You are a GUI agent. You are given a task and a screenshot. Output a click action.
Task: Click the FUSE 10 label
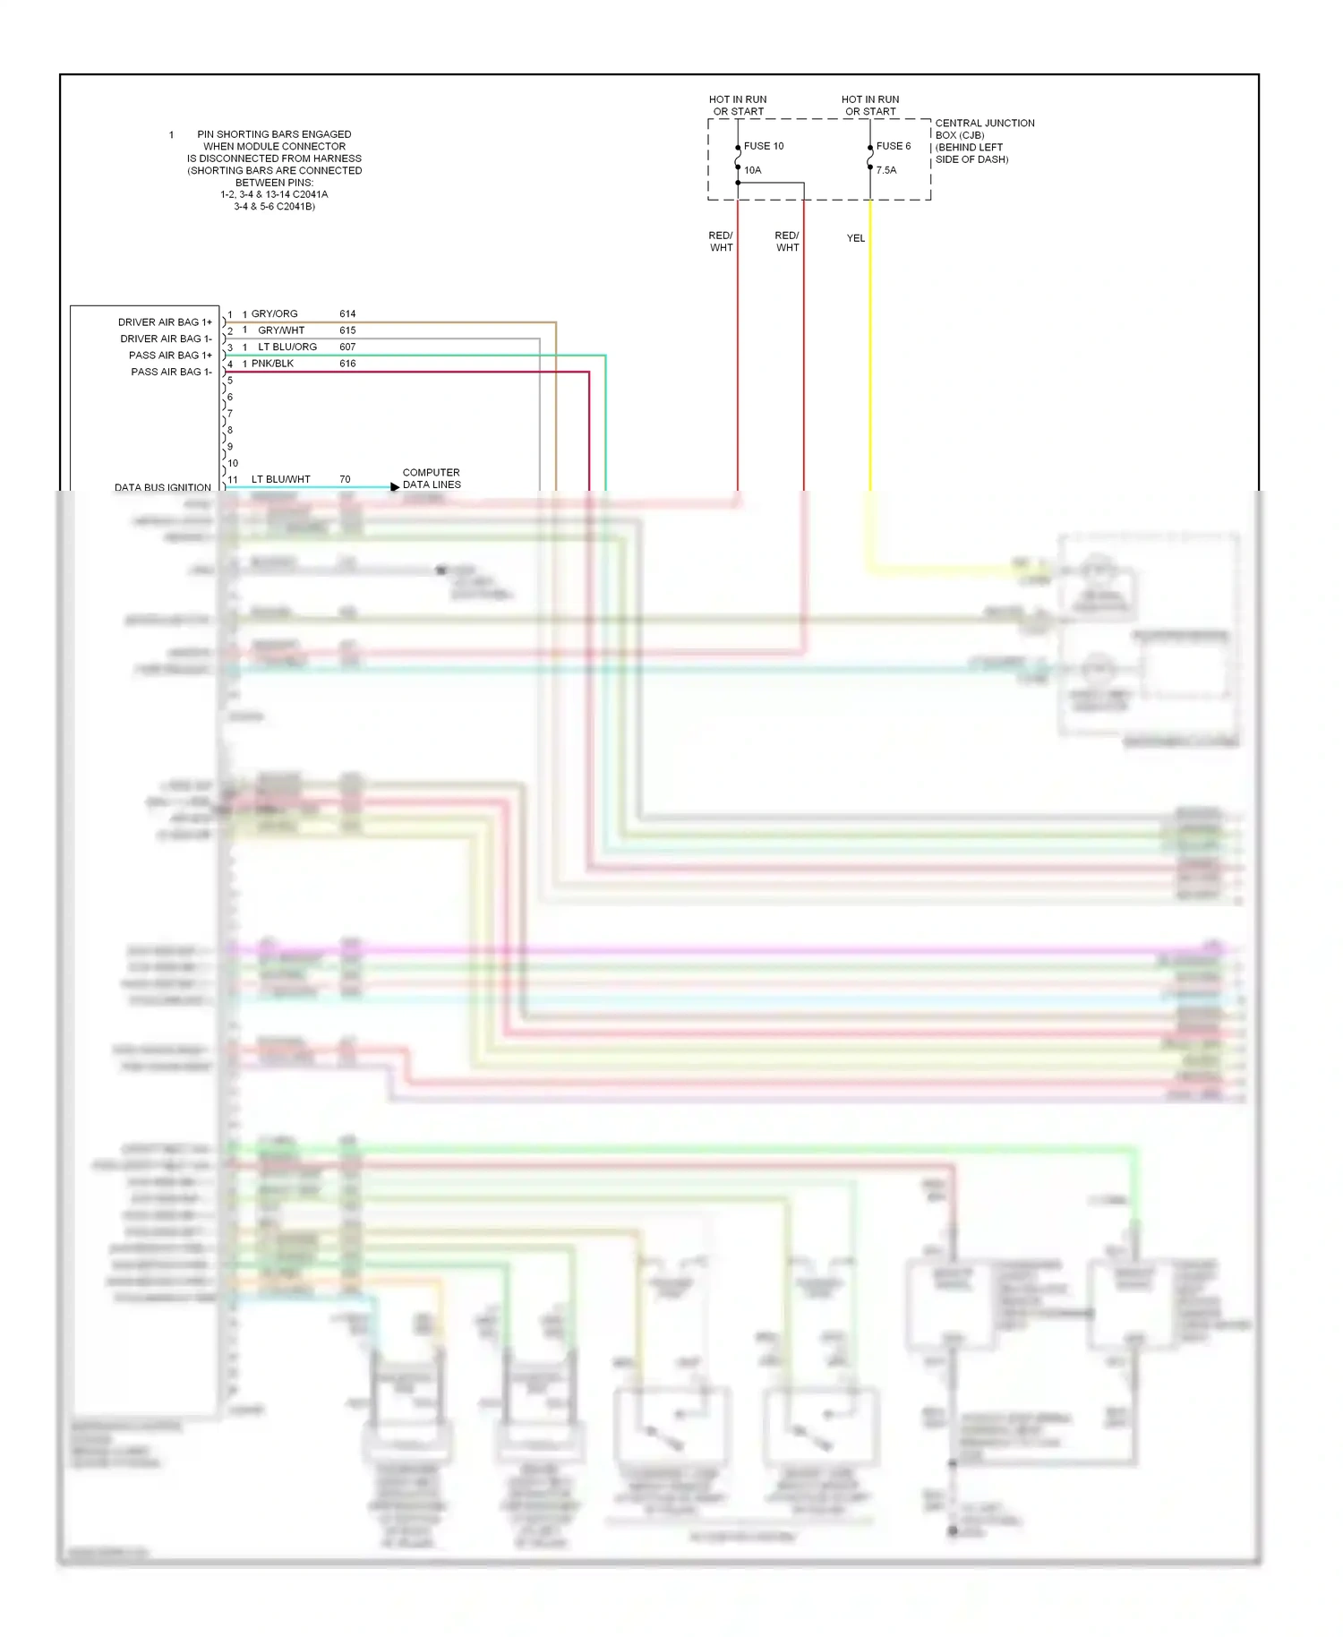[x=763, y=146]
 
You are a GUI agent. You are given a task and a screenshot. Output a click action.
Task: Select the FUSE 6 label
[x=893, y=146]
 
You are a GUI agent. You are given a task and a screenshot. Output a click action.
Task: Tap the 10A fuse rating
[x=752, y=170]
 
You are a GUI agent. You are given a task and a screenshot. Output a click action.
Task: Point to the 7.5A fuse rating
[x=885, y=170]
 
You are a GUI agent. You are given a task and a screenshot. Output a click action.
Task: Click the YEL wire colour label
[x=856, y=238]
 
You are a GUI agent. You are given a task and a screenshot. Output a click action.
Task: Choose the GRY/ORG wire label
[x=274, y=314]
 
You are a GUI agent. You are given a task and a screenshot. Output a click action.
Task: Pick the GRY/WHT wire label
[x=281, y=330]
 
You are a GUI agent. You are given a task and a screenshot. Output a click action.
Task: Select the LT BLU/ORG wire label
[x=287, y=347]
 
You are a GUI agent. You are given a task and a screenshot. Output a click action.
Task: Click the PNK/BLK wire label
[x=272, y=364]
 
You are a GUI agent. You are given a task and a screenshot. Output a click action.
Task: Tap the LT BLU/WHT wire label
[x=280, y=480]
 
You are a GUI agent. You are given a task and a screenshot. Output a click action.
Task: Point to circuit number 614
[x=347, y=314]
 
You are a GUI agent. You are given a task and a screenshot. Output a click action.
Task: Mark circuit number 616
[x=347, y=364]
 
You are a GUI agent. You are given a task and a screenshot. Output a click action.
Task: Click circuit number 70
[x=345, y=480]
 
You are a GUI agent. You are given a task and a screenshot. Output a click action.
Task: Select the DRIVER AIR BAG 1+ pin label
[x=165, y=322]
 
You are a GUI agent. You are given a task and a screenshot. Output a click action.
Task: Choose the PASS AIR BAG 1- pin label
[x=171, y=372]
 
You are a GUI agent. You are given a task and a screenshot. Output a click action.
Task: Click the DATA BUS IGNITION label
[x=163, y=487]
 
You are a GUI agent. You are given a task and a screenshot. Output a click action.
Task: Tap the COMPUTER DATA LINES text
[x=432, y=478]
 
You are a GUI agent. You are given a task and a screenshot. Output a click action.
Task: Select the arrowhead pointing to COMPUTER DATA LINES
[x=395, y=487]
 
